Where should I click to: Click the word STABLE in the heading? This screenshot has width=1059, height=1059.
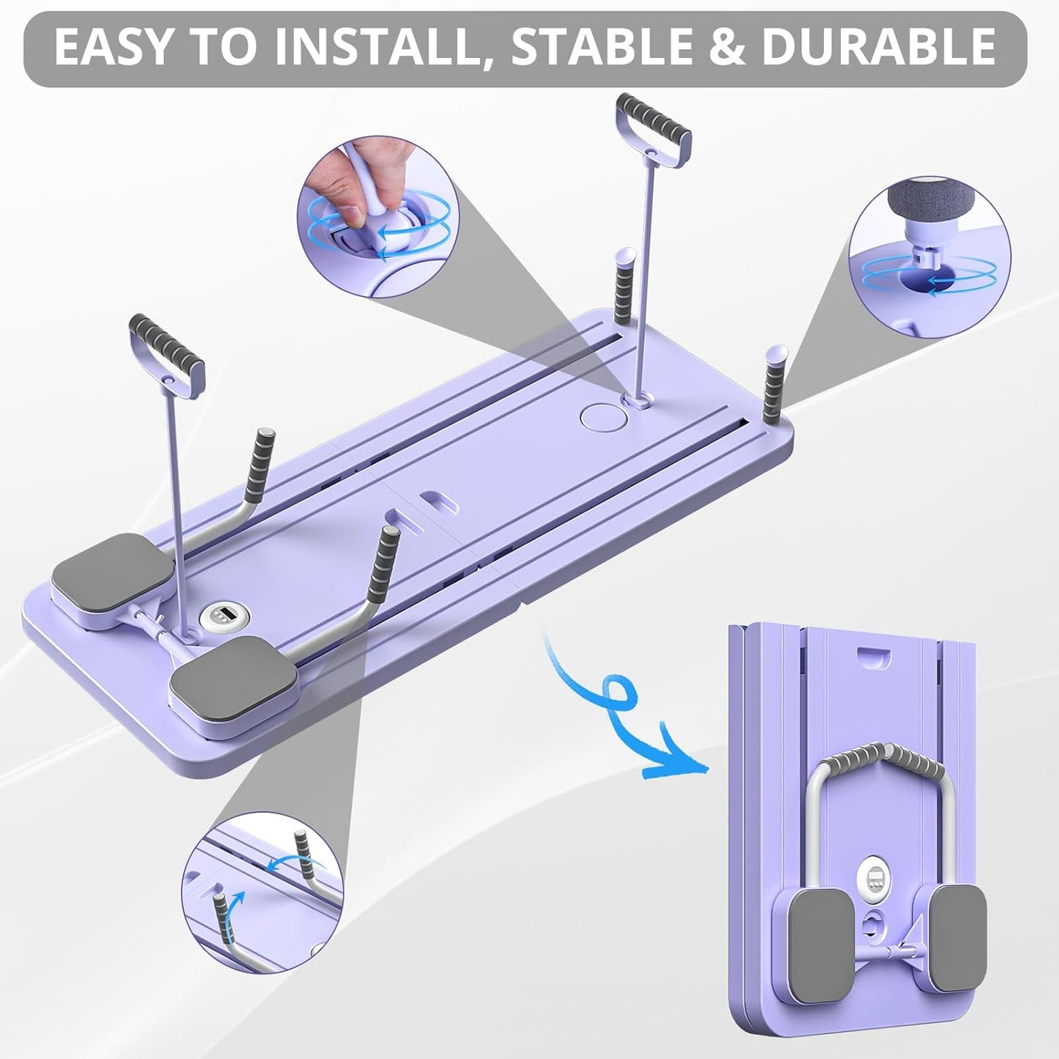[600, 46]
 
